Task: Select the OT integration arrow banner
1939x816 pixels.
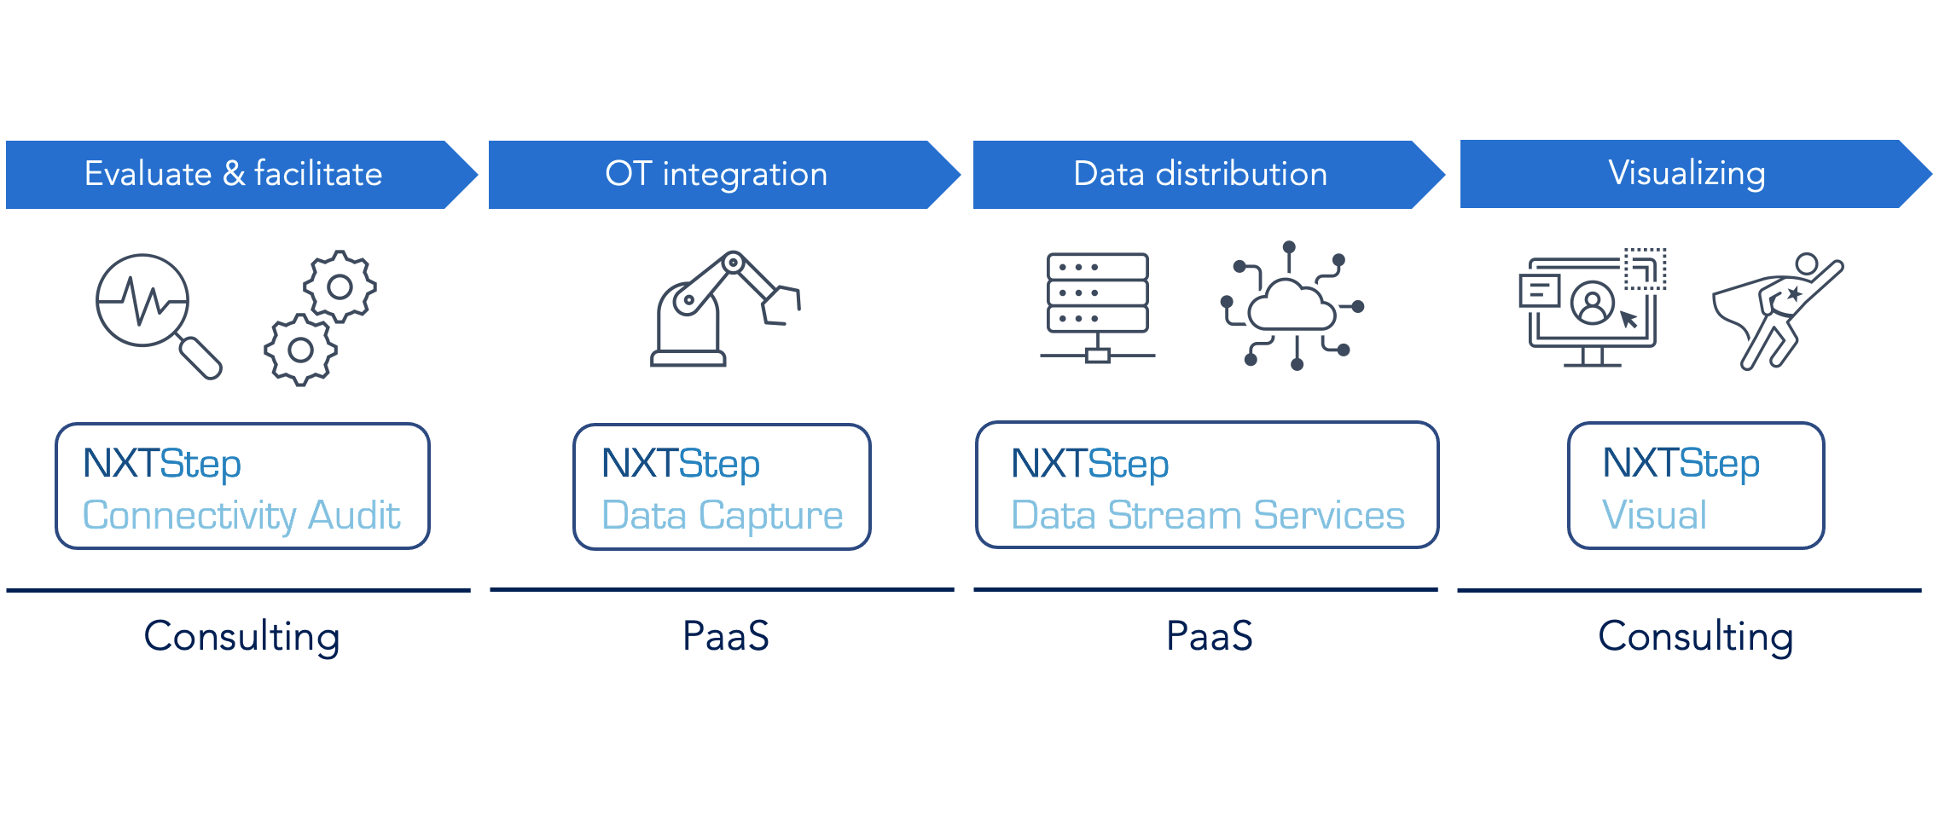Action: coord(724,175)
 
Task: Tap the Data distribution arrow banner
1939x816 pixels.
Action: coord(1209,175)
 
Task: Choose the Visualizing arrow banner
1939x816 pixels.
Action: coord(1696,174)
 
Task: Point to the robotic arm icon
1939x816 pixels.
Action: coord(725,309)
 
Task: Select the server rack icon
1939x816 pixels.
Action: coord(1098,307)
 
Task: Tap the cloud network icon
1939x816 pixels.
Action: coord(1292,306)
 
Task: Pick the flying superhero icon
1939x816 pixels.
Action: coord(1779,312)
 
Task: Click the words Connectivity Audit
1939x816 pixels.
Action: coord(241,516)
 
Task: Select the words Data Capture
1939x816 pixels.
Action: coord(723,516)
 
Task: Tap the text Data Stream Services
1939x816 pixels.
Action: coord(1208,516)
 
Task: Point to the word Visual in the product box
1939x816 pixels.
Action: coord(1654,515)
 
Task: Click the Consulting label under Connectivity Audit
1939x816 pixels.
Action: coord(241,638)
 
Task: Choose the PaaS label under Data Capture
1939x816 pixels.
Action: coord(725,636)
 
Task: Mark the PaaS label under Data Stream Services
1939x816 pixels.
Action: coord(1209,636)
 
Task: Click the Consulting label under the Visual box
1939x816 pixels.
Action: coord(1696,638)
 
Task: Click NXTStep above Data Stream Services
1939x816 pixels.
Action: coord(1089,464)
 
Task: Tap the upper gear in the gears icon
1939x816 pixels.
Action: coord(340,286)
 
